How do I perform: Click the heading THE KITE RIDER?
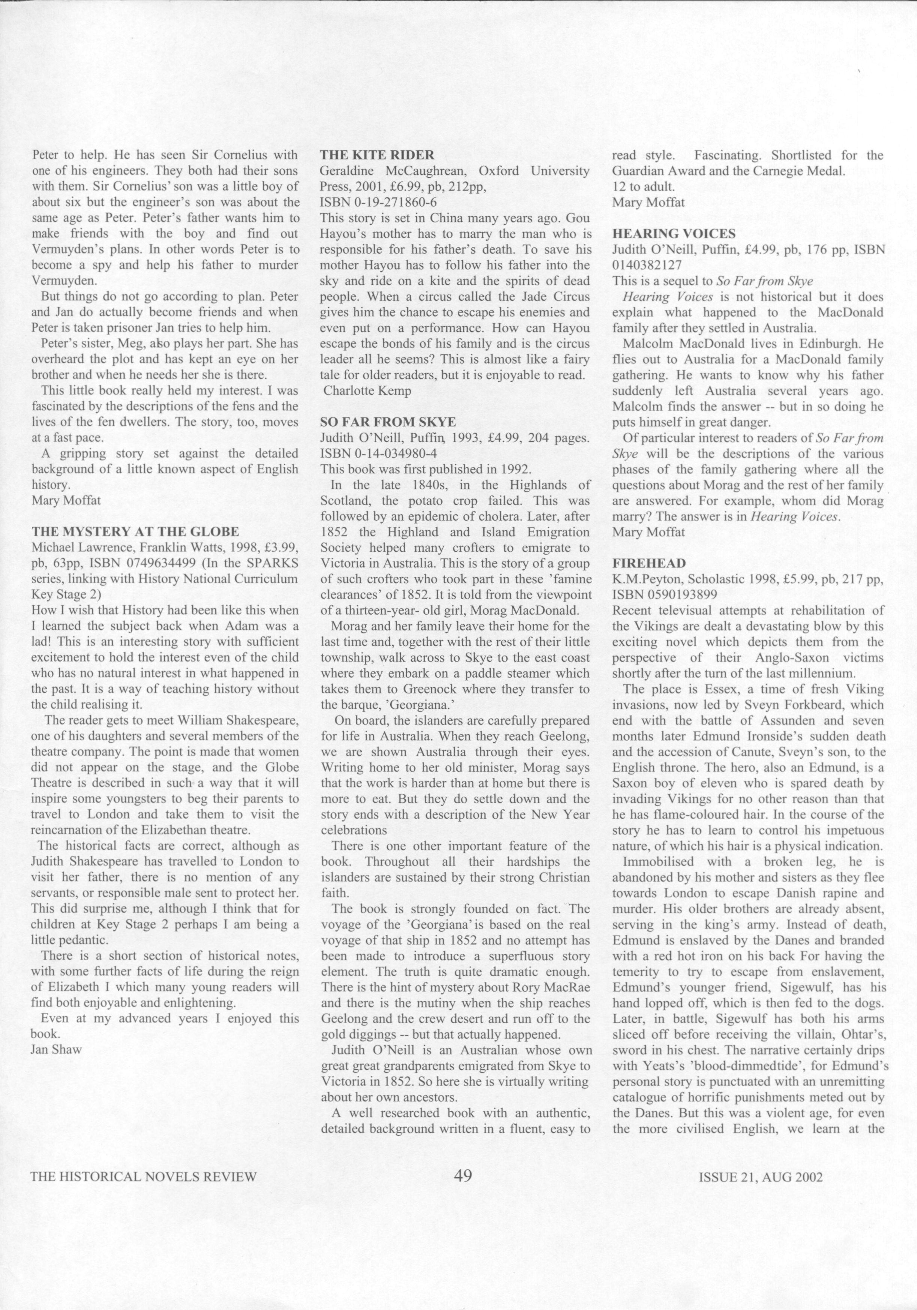click(x=377, y=155)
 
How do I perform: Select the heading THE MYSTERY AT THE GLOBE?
click(x=135, y=532)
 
